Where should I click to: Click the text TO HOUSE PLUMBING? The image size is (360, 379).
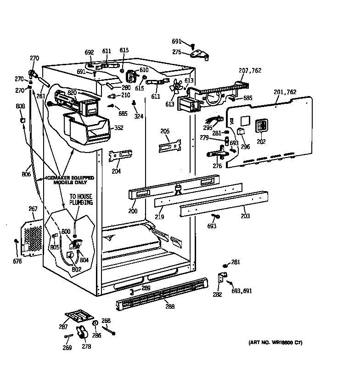tap(81, 199)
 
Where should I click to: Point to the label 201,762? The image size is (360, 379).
tap(285, 92)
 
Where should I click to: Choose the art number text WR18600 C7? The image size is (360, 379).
tap(275, 343)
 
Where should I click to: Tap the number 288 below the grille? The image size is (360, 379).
tap(169, 306)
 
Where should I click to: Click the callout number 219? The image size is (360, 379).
tap(159, 216)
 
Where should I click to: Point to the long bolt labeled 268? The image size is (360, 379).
tap(109, 329)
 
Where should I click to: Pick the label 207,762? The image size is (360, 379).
tap(250, 70)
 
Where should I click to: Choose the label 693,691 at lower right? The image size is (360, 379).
tap(242, 291)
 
